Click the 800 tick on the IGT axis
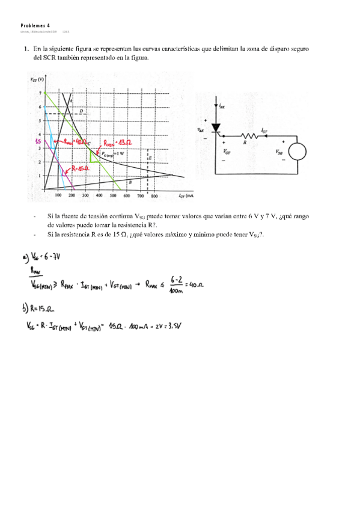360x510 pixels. [x=154, y=195]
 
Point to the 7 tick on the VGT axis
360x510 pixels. [x=39, y=93]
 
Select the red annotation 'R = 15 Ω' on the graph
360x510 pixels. [x=79, y=169]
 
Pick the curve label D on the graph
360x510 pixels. [x=82, y=111]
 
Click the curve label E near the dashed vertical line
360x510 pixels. [x=150, y=158]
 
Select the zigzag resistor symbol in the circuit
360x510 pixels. [x=248, y=137]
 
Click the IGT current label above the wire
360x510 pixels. [x=264, y=130]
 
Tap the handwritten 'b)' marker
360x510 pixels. [x=25, y=310]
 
